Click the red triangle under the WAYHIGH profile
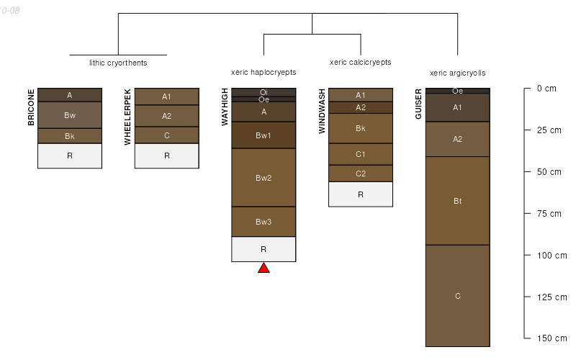(264, 269)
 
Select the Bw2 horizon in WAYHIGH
(264, 178)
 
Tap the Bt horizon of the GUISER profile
(457, 201)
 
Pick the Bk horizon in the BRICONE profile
(70, 136)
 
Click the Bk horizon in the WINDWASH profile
(361, 128)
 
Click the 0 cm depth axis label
(546, 89)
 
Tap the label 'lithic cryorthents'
(118, 63)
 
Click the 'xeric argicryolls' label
(457, 73)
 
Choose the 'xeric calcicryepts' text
(361, 63)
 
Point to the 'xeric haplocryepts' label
(264, 73)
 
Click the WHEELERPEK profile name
(127, 117)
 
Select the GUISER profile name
(418, 104)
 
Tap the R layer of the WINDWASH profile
(361, 194)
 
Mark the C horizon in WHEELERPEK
(166, 135)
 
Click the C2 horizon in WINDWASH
(361, 174)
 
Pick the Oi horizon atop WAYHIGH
(264, 91)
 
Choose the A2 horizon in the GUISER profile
(457, 139)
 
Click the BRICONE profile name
(31, 107)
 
